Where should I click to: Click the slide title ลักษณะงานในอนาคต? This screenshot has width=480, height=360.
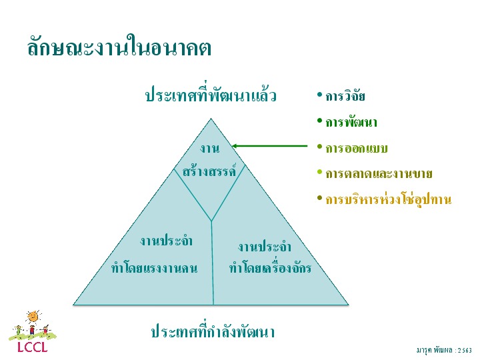click(x=119, y=47)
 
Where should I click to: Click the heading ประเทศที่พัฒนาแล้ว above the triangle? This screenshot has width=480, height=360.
click(x=211, y=94)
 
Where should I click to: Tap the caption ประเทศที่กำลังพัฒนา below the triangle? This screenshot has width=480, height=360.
click(x=213, y=330)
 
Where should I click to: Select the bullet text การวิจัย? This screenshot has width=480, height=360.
click(x=345, y=96)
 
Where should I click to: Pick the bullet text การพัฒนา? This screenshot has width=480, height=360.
click(x=351, y=122)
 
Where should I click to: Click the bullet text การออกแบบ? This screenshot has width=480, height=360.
click(x=357, y=148)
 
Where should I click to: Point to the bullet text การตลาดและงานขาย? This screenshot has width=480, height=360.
click(x=379, y=173)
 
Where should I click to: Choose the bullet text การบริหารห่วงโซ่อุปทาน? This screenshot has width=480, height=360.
click(x=389, y=200)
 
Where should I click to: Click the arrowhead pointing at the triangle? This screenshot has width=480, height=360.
click(x=235, y=146)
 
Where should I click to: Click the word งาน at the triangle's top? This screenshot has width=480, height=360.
click(x=210, y=149)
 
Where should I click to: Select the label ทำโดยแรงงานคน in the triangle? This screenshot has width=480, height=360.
click(x=154, y=268)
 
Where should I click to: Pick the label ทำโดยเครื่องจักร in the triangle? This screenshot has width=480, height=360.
click(x=270, y=267)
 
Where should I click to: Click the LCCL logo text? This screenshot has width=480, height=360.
click(x=33, y=347)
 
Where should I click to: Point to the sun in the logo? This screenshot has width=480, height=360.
click(x=33, y=317)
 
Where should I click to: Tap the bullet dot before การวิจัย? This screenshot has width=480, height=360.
click(x=319, y=95)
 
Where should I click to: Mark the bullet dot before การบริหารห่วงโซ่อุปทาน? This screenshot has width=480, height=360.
click(x=319, y=198)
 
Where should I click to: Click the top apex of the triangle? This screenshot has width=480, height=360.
click(x=211, y=119)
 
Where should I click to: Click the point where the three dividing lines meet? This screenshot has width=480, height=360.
click(x=211, y=221)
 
